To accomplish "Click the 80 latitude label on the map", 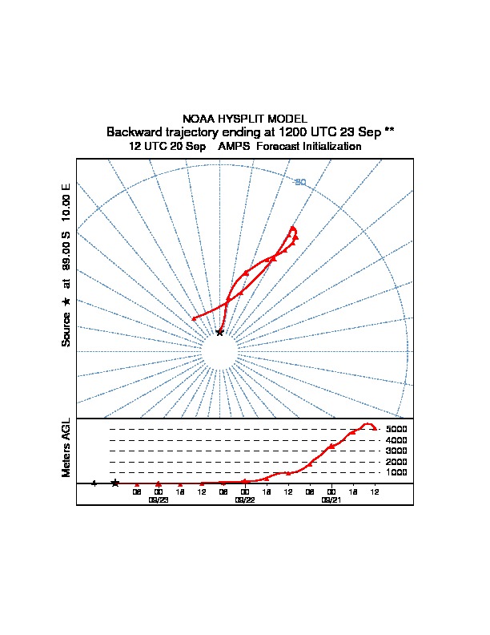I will click(x=300, y=182).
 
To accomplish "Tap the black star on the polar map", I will click(x=219, y=332).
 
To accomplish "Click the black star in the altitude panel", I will click(x=115, y=483).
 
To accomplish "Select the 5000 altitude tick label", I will click(x=396, y=430).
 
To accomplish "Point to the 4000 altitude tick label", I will click(x=396, y=440).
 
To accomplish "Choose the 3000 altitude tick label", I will click(x=396, y=451).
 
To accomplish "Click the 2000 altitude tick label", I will click(x=396, y=463).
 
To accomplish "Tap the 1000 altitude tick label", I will click(x=396, y=473).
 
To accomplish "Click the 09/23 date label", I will click(x=159, y=500).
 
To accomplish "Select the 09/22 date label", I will click(x=245, y=500).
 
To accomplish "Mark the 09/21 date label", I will click(x=331, y=500).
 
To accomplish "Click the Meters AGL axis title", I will click(x=66, y=447).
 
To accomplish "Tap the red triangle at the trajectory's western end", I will click(x=194, y=319).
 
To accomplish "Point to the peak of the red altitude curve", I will click(x=368, y=423).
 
